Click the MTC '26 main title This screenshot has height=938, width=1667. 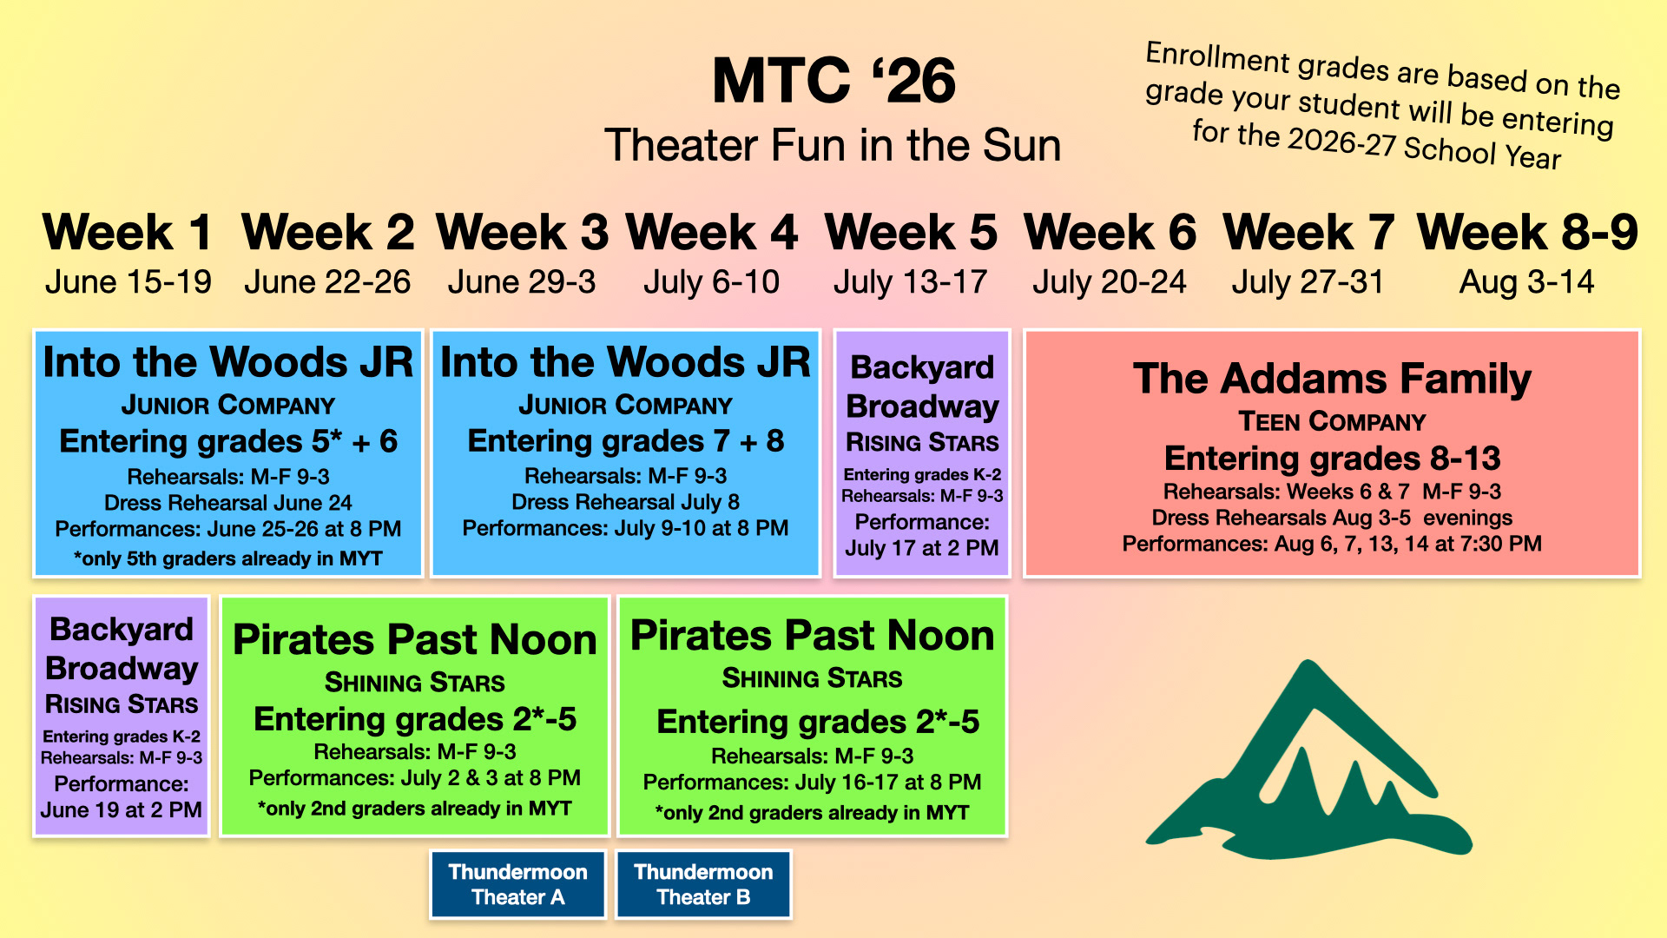point(833,81)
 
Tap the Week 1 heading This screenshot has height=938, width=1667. point(128,232)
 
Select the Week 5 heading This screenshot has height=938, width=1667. point(911,232)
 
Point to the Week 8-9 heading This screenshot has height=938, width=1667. point(1527,232)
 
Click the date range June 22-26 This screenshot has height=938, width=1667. point(327,281)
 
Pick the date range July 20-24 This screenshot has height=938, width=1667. point(1109,281)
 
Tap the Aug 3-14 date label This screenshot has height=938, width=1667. point(1527,281)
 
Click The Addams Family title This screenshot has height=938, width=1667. point(1332,379)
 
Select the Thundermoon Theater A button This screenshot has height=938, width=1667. point(518,884)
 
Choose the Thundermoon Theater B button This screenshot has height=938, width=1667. point(703,884)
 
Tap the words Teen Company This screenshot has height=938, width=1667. point(1332,422)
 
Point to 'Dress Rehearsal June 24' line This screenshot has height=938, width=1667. point(228,503)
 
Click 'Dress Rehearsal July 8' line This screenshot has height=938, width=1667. point(625,502)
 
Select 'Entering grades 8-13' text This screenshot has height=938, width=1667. point(1332,458)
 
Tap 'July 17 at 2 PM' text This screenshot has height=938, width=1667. point(922,548)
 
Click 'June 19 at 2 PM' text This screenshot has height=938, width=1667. point(122,810)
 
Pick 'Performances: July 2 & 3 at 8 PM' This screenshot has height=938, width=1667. point(415,778)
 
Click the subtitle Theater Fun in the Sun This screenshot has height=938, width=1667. point(833,145)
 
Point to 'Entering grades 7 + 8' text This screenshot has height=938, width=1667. point(625,441)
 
